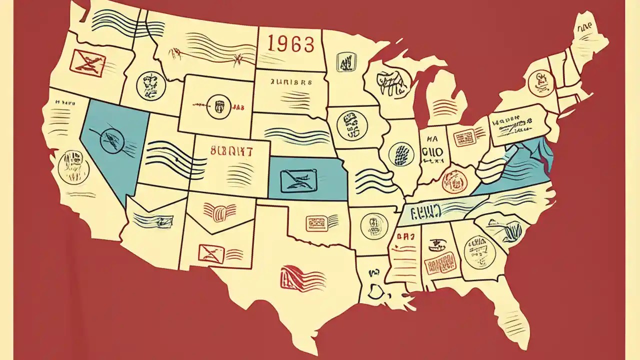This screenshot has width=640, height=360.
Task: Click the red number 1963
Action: click(x=291, y=43)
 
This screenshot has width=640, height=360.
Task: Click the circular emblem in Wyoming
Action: click(x=219, y=105)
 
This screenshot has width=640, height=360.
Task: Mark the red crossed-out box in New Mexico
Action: click(x=211, y=252)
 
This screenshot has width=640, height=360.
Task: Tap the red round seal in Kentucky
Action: click(x=453, y=179)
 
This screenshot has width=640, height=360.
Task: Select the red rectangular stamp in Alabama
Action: click(x=441, y=261)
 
